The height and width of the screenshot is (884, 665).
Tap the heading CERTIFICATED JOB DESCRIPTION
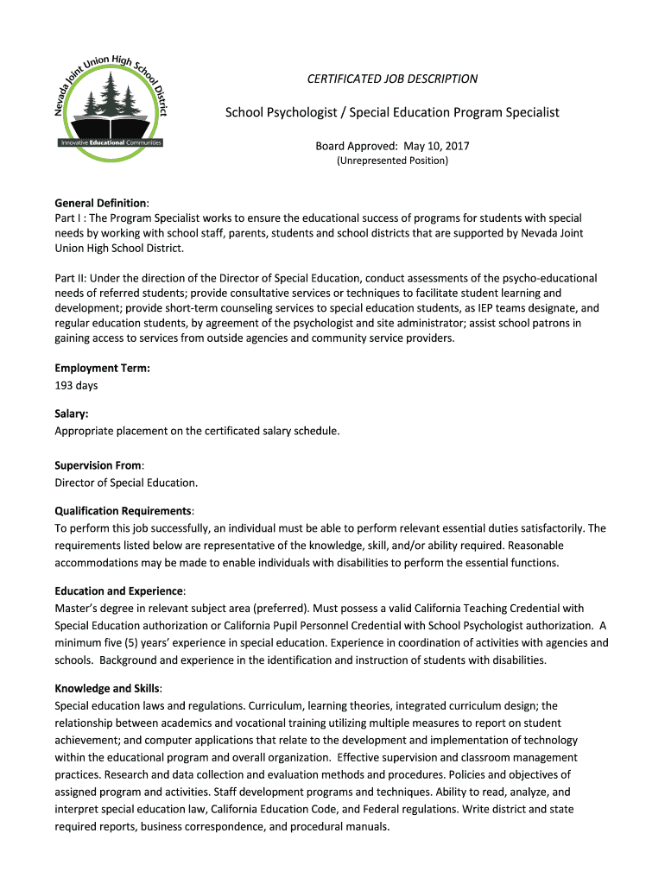coord(392,79)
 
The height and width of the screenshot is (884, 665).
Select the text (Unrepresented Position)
coord(392,161)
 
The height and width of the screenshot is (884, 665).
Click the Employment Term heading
coord(103,368)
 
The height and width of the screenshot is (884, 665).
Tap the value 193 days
coord(77,385)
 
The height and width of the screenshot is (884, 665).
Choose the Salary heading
coord(72,414)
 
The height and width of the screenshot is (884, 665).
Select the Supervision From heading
coord(98,465)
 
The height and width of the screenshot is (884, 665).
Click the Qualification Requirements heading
coord(123,510)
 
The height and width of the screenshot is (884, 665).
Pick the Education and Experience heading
coord(119,590)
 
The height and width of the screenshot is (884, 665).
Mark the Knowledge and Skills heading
coord(107,688)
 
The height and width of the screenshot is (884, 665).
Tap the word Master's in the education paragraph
coord(77,608)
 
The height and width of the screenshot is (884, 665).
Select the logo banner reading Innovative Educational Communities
coord(110,142)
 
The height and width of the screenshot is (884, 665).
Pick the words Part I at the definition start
coord(68,218)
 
